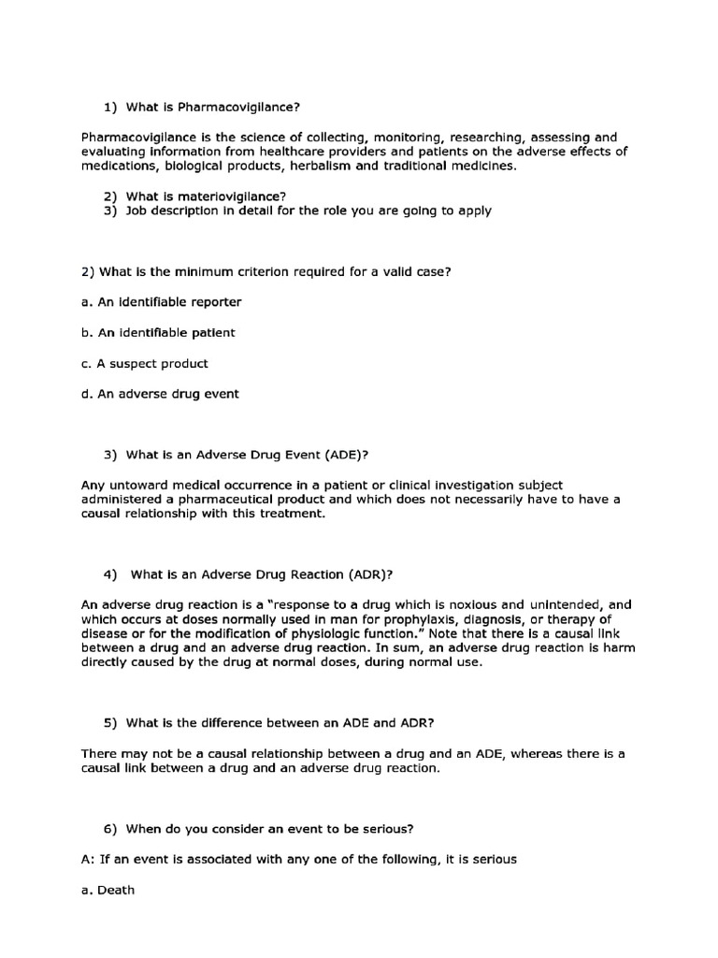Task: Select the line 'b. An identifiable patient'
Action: pyautogui.click(x=158, y=332)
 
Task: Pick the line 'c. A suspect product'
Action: pyautogui.click(x=145, y=363)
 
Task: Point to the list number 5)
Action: pyautogui.click(x=108, y=724)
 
